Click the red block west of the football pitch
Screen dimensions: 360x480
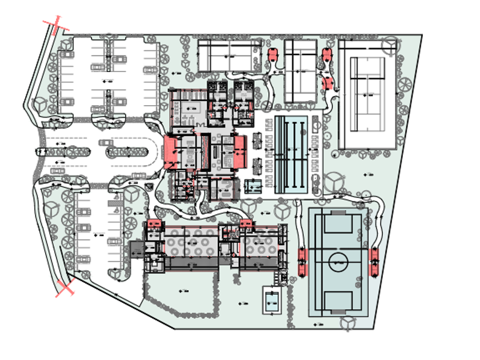coord(302,261)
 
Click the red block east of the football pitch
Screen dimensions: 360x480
coord(375,261)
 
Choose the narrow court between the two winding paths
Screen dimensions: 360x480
coord(301,70)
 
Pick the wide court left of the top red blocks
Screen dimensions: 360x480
coord(226,55)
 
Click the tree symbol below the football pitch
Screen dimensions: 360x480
coord(346,323)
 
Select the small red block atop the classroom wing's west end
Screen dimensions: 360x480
coord(153,223)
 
